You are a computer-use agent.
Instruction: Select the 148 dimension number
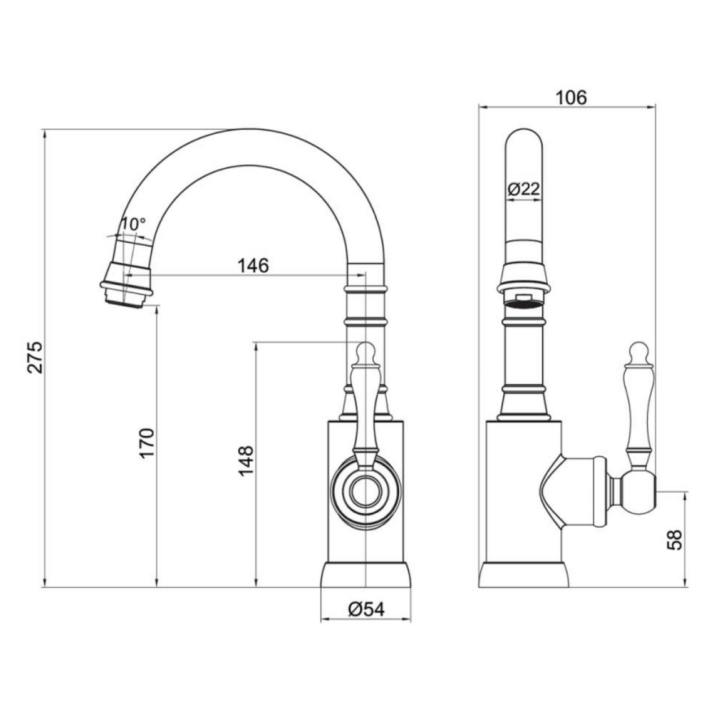246,461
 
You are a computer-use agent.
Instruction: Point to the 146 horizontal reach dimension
253,265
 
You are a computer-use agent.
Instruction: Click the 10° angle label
133,224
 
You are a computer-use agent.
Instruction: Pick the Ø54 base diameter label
366,608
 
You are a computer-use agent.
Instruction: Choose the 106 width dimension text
571,98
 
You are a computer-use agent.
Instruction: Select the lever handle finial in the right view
638,351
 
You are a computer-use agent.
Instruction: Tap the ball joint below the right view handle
638,492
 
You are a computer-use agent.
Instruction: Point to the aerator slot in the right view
525,297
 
